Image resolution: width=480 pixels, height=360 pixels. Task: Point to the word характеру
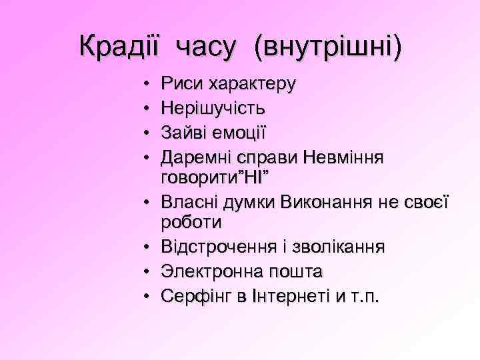pos(253,85)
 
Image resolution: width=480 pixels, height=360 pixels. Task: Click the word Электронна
pos(215,271)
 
